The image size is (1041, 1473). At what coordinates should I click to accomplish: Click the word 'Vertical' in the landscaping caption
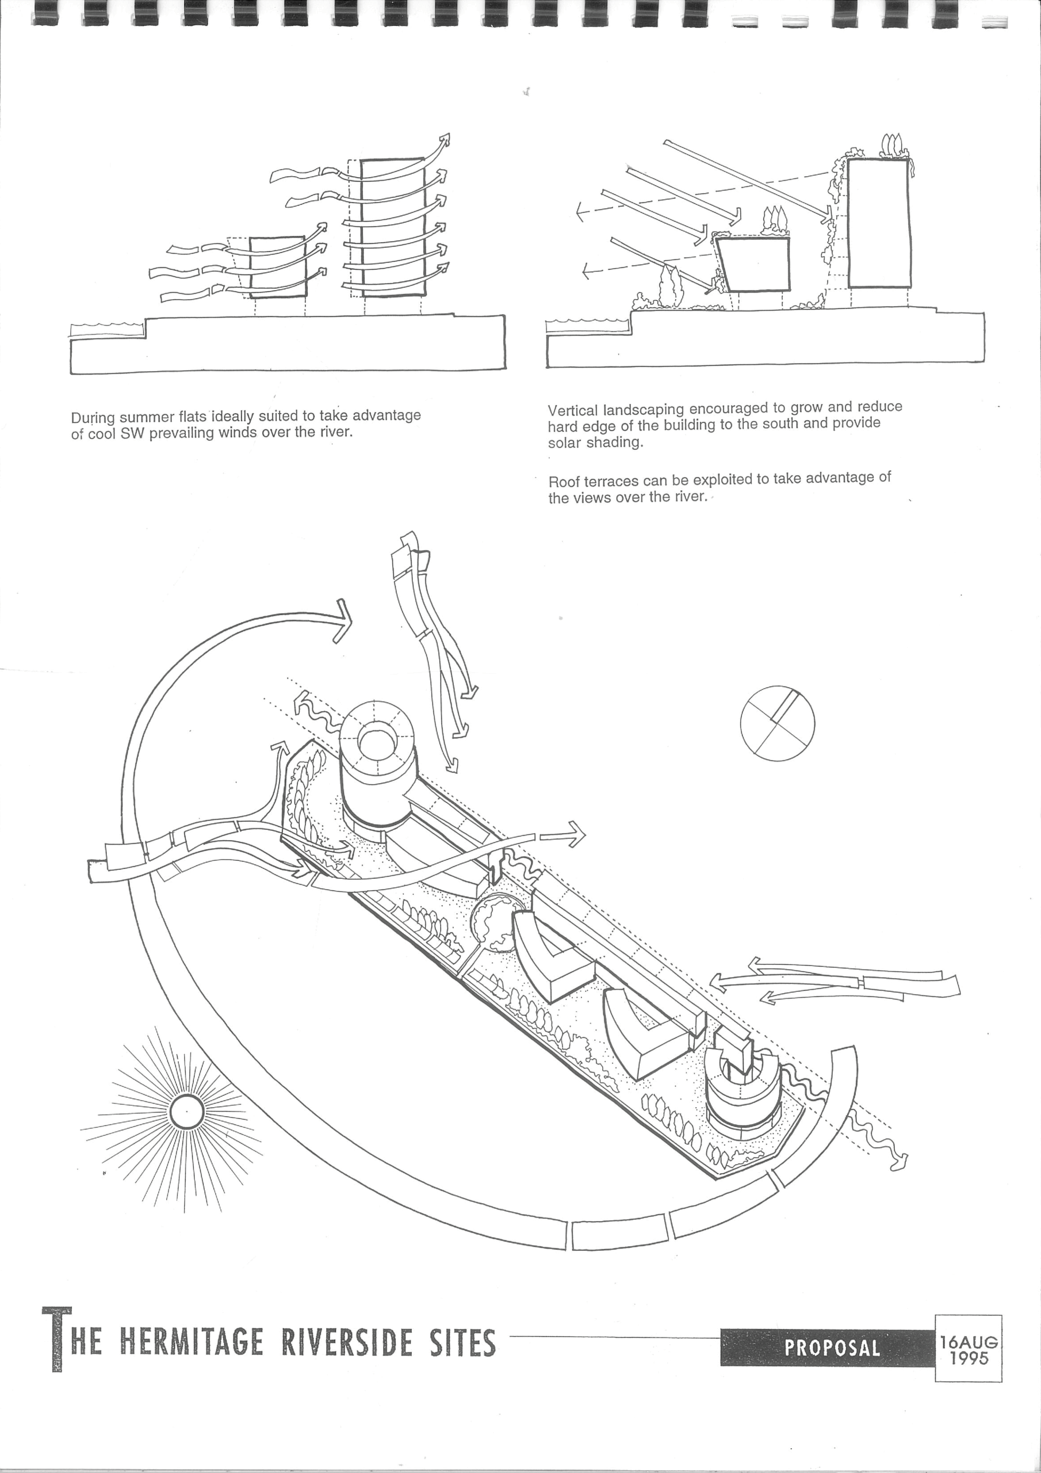click(572, 411)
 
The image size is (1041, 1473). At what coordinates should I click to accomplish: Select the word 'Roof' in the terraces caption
click(564, 482)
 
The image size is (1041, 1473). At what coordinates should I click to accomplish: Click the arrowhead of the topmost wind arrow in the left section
click(445, 139)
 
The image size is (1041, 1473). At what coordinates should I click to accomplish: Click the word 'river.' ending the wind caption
click(334, 432)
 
